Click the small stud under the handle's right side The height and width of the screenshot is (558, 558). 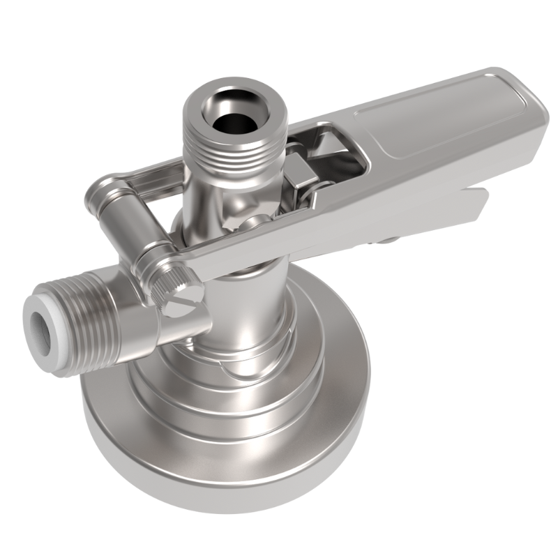coord(385,241)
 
